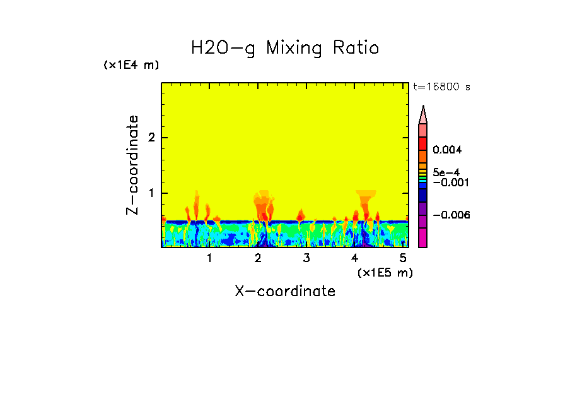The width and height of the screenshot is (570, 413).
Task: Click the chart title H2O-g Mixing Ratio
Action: coord(285,48)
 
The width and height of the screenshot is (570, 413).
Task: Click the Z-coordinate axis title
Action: coord(132,165)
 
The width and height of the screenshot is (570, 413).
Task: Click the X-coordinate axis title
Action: coord(285,291)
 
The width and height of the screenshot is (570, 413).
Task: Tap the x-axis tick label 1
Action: coord(209,258)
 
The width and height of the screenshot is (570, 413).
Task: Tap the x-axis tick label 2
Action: coord(258,258)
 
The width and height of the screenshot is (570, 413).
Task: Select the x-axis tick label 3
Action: coord(306,258)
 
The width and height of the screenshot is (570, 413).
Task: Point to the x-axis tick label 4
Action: coord(355,258)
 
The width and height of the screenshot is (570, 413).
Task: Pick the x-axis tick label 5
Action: coord(404,258)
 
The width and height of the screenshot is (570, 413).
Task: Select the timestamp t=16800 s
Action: coord(441,87)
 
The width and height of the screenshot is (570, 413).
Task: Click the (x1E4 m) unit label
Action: coord(131,65)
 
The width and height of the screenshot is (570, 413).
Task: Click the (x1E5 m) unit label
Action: coord(385,272)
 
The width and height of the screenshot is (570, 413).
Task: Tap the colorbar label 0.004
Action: coord(447,150)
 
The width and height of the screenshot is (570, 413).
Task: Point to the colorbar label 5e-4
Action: coord(446,172)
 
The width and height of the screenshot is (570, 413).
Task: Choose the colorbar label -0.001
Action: coord(450,183)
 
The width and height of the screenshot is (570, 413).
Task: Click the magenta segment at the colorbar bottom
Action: coord(423,237)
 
